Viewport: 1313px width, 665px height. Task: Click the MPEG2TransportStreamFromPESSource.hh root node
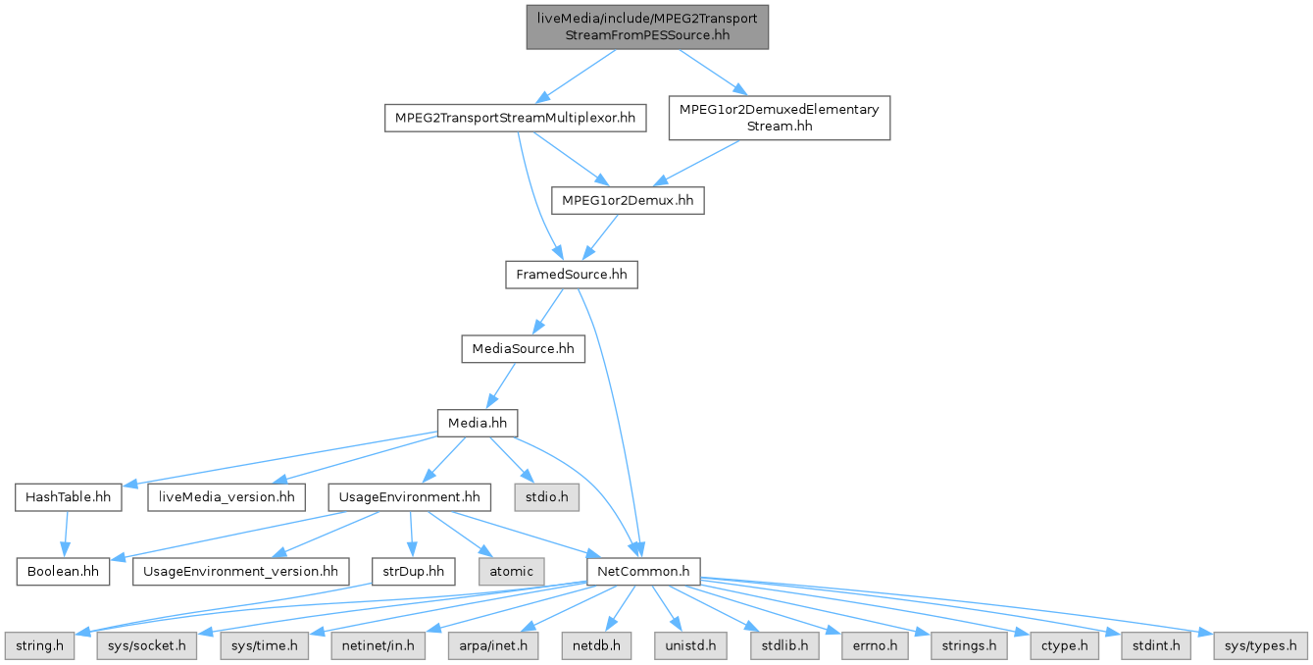(x=648, y=26)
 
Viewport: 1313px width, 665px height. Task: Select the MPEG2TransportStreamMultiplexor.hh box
(x=515, y=119)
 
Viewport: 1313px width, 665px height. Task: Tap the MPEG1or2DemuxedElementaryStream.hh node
(x=779, y=118)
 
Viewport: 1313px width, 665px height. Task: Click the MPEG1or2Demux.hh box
(x=628, y=201)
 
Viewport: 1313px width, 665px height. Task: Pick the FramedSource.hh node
(x=571, y=275)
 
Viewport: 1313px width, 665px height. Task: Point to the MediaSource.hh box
(x=523, y=348)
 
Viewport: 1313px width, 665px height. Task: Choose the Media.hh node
(x=477, y=423)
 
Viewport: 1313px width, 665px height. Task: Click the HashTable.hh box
(x=68, y=497)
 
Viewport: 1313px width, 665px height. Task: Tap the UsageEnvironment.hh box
(x=409, y=497)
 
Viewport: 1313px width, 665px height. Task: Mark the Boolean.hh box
(x=63, y=570)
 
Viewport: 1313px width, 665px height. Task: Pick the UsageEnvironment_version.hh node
(x=240, y=570)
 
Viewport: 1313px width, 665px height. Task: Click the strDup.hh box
(x=414, y=570)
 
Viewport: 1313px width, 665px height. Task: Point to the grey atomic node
(x=510, y=570)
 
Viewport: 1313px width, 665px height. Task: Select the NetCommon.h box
(x=642, y=570)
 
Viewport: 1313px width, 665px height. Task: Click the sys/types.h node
(x=1261, y=646)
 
